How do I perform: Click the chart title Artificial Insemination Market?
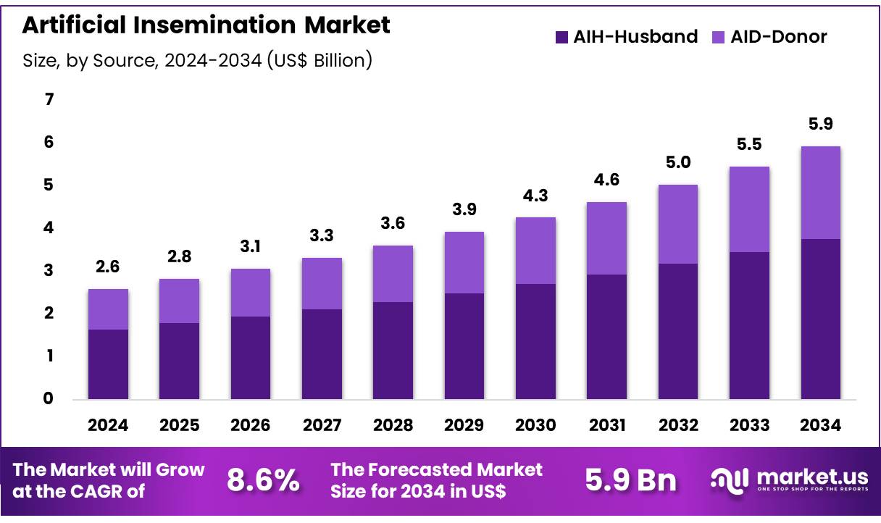click(206, 25)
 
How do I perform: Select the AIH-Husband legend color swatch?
click(561, 37)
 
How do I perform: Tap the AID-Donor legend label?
click(778, 37)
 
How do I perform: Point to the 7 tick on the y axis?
click(49, 99)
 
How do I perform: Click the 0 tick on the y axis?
click(49, 398)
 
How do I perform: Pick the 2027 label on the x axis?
click(322, 426)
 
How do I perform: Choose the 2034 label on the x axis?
click(820, 426)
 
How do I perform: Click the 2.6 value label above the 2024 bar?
click(108, 267)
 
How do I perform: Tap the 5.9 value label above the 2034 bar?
click(820, 124)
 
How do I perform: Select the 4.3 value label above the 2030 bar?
click(535, 195)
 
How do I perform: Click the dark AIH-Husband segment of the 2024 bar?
click(108, 364)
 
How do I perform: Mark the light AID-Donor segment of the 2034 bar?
click(820, 193)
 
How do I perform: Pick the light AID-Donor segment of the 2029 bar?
click(464, 262)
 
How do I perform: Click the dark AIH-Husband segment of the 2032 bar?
click(677, 331)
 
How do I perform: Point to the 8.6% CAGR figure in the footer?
click(263, 480)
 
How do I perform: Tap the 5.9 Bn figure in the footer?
click(630, 480)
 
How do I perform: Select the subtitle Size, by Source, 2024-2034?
click(197, 61)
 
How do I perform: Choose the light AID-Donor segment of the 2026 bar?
click(250, 293)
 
